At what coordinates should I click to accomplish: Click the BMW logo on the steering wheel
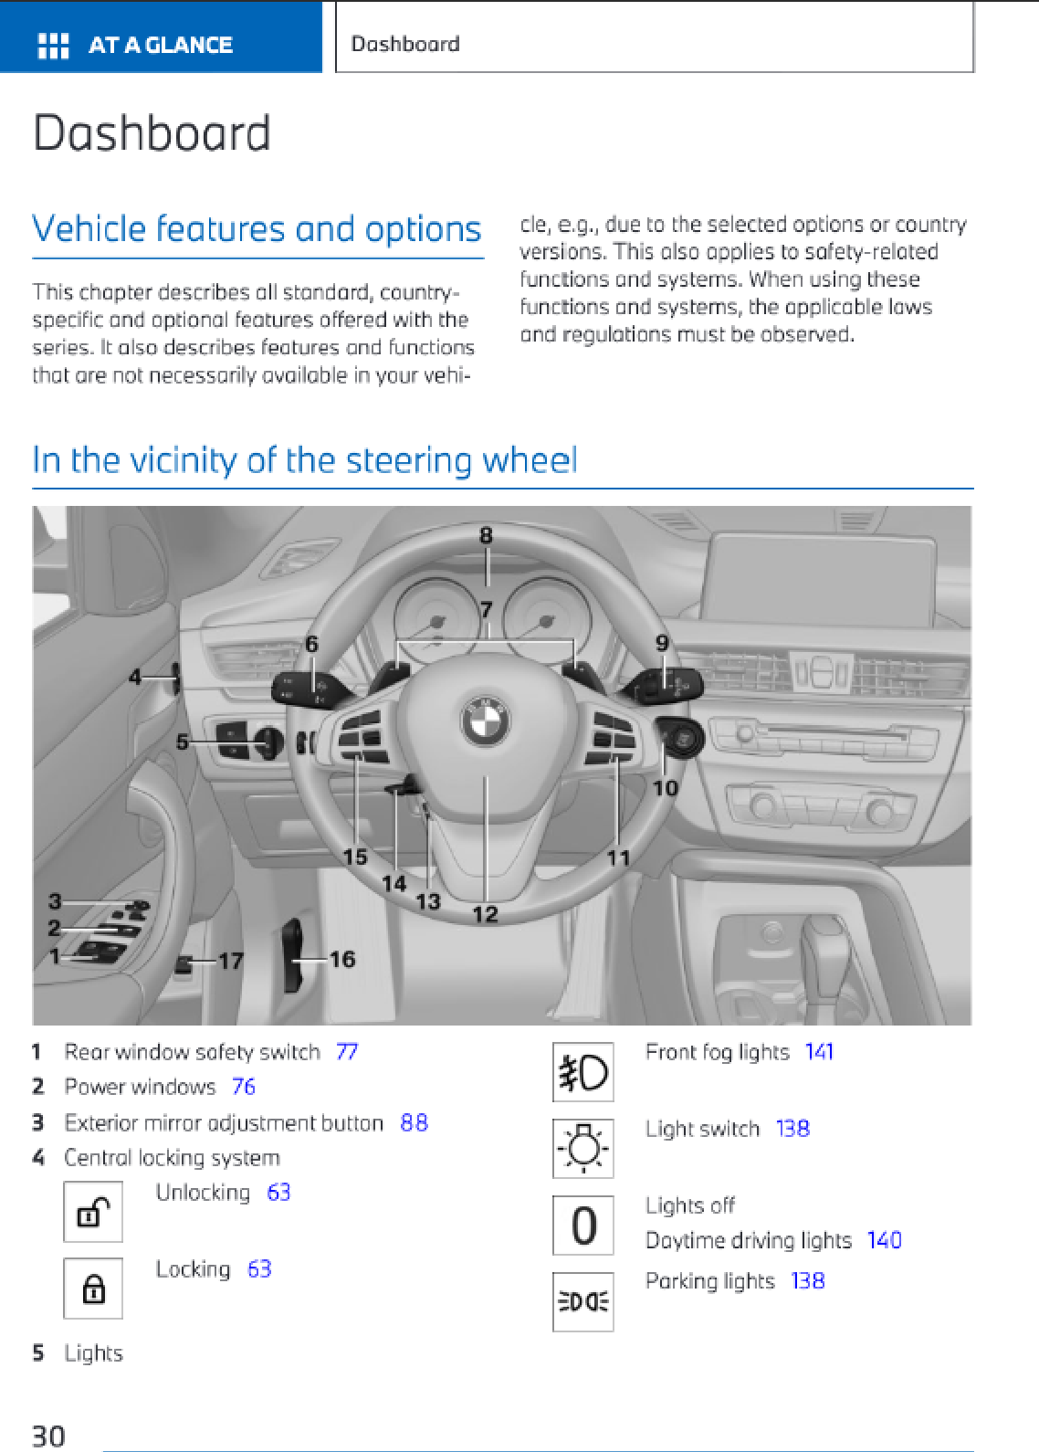(x=485, y=721)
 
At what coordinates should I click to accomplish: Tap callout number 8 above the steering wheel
(x=486, y=536)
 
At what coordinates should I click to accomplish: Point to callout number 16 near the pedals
(x=342, y=959)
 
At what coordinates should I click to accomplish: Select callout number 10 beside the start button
(x=666, y=787)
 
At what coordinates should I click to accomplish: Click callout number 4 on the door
(x=135, y=677)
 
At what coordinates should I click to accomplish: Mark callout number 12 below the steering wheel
(x=485, y=914)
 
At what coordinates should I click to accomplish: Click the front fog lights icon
(x=582, y=1072)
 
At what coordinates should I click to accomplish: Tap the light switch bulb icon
(x=582, y=1148)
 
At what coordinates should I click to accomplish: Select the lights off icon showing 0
(x=582, y=1226)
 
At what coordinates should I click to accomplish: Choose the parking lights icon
(x=582, y=1301)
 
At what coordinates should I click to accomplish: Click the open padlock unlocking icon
(x=93, y=1212)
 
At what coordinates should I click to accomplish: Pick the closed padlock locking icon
(x=93, y=1289)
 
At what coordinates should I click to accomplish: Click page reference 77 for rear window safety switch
(x=347, y=1052)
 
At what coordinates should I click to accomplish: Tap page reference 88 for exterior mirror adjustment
(x=414, y=1122)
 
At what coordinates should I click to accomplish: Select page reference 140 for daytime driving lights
(x=884, y=1240)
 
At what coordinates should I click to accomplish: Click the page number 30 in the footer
(x=49, y=1436)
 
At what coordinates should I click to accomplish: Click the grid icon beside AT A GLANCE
(x=53, y=46)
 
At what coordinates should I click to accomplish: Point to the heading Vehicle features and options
(x=257, y=228)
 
